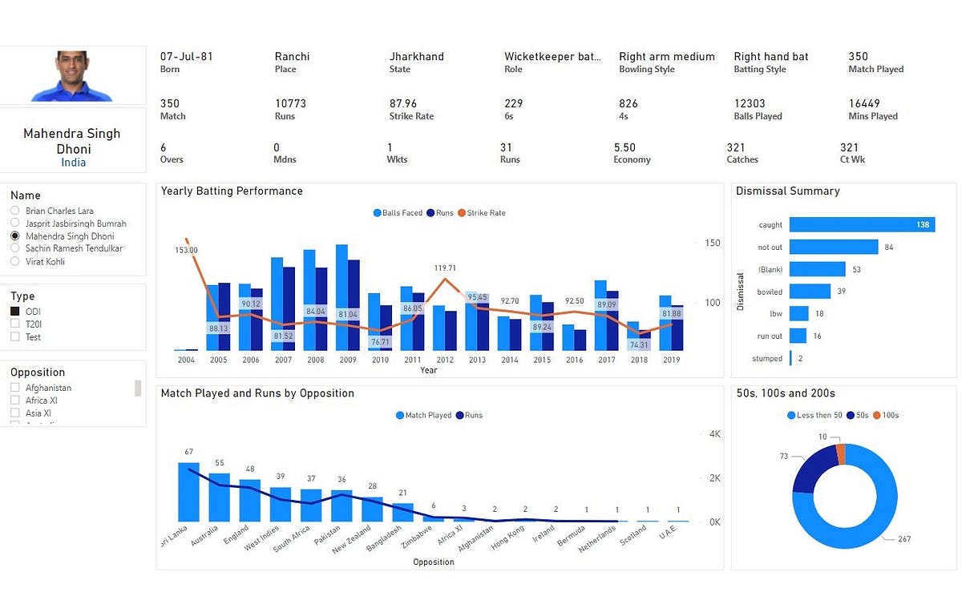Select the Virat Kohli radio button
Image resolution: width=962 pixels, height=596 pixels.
(14, 262)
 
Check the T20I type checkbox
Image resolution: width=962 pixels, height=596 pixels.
(14, 324)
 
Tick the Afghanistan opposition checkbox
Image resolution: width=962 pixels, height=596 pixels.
(14, 388)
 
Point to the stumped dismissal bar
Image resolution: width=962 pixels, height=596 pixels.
(790, 358)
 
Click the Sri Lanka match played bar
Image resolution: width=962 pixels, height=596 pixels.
(188, 492)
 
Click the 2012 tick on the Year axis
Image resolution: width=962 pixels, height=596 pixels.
(445, 360)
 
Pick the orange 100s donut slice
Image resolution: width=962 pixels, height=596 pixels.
(840, 454)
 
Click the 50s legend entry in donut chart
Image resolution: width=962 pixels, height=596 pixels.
(852, 415)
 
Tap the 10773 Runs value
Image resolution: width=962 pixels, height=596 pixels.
(290, 103)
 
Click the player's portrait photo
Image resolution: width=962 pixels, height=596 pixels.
(72, 76)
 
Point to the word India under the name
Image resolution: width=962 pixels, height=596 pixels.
(73, 163)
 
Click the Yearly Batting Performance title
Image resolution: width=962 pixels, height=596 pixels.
(232, 191)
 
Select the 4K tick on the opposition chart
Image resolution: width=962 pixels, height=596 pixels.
(716, 433)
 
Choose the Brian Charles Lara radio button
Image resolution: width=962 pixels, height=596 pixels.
(14, 211)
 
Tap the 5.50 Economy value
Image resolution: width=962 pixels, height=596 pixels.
(624, 147)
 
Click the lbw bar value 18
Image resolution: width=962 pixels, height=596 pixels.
(819, 314)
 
